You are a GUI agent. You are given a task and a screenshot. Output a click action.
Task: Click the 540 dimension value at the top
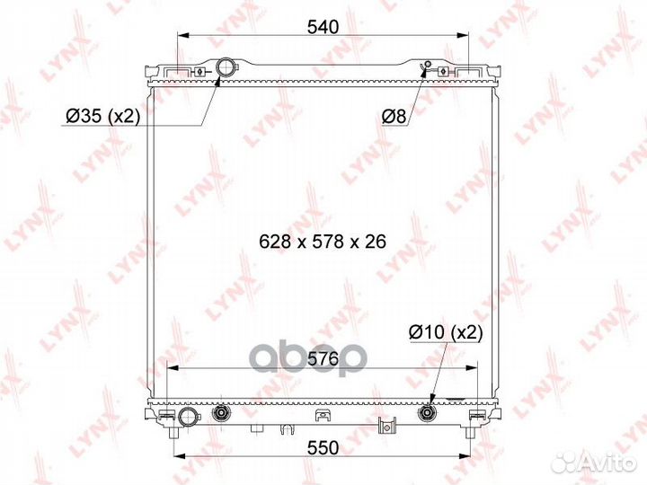pos(323,27)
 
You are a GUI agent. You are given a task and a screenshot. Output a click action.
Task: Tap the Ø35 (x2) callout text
pos(102,117)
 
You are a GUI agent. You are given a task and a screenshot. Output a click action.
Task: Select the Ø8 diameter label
pos(394,117)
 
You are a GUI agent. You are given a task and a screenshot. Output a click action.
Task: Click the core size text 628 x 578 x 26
pos(323,242)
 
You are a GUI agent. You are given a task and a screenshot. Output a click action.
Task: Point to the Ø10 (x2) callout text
pos(446,332)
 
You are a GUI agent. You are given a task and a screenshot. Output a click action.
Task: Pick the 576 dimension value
pos(323,358)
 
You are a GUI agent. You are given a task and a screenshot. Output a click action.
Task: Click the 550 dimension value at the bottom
pos(323,448)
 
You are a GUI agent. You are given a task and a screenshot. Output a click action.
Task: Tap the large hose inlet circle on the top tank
pos(226,66)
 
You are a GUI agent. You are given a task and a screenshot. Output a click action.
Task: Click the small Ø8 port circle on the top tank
pos(428,64)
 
